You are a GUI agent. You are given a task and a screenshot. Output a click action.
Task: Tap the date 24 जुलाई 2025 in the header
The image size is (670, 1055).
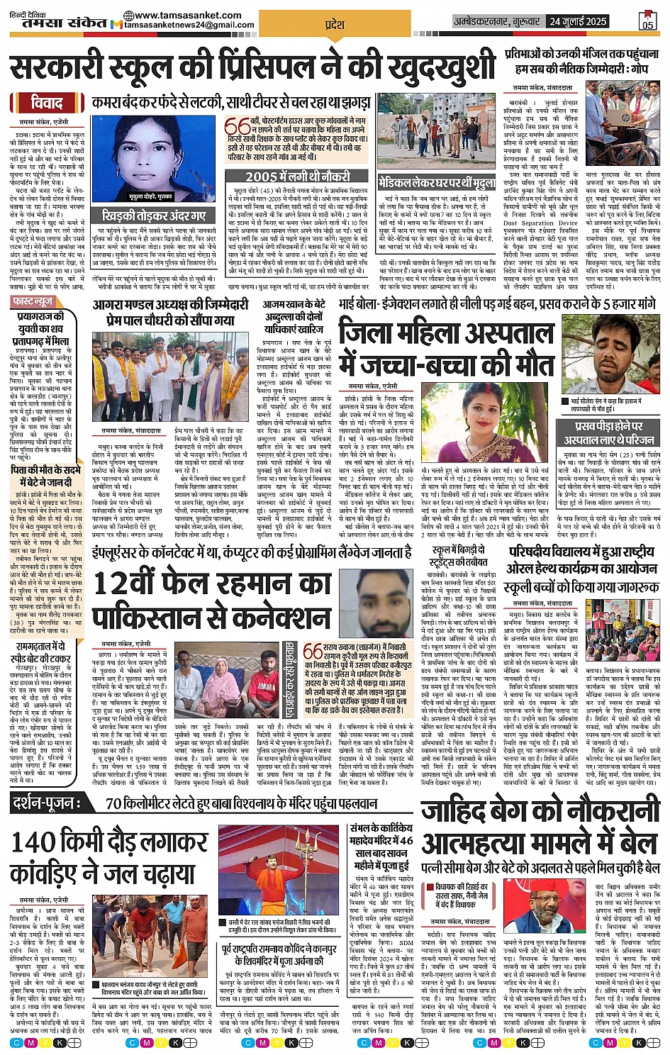pyautogui.click(x=578, y=22)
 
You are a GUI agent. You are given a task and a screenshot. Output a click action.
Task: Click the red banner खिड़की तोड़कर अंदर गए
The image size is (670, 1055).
pyautogui.click(x=154, y=215)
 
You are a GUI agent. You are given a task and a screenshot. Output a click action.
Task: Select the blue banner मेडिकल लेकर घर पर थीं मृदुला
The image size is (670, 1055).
pyautogui.click(x=435, y=182)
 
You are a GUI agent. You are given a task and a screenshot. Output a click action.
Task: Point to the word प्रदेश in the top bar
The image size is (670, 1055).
pyautogui.click(x=334, y=24)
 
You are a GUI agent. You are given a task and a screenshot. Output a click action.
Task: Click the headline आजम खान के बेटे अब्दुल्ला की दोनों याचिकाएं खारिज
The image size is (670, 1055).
pyautogui.click(x=293, y=318)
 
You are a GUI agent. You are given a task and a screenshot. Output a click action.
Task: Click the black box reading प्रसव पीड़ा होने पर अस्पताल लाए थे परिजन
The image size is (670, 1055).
pyautogui.click(x=608, y=432)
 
